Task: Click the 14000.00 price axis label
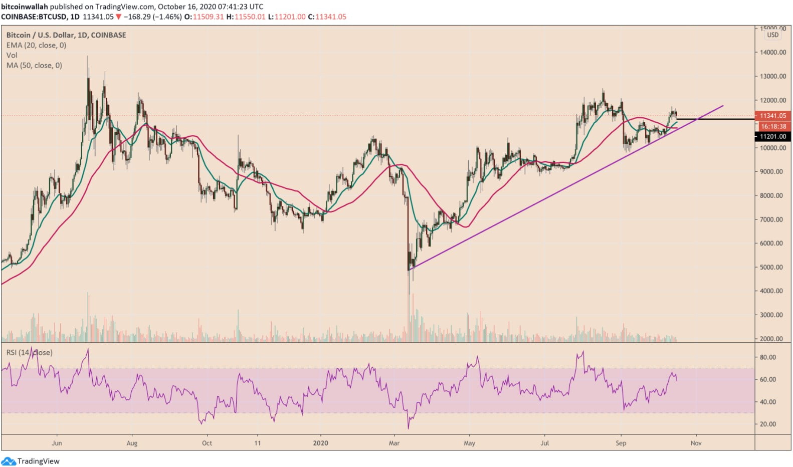pos(772,52)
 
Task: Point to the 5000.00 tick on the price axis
pos(772,267)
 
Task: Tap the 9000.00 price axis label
pos(772,171)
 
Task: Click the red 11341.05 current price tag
pos(773,116)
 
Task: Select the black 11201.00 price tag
pos(773,136)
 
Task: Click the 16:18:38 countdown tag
pos(773,126)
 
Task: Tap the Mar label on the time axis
pos(394,443)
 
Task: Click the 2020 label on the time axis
pos(320,443)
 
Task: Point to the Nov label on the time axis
pos(696,443)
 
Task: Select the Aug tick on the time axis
pos(132,443)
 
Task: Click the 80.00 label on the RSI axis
pos(768,357)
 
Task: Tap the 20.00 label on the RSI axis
pos(768,424)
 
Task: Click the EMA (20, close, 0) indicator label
pos(36,45)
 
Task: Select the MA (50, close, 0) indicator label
pos(34,65)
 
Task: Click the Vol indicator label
pos(12,55)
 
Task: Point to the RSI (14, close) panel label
pos(29,352)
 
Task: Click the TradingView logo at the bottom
pos(31,461)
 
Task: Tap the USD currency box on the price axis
pos(772,35)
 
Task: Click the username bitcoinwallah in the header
pos(25,7)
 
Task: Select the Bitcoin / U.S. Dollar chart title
pos(66,35)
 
